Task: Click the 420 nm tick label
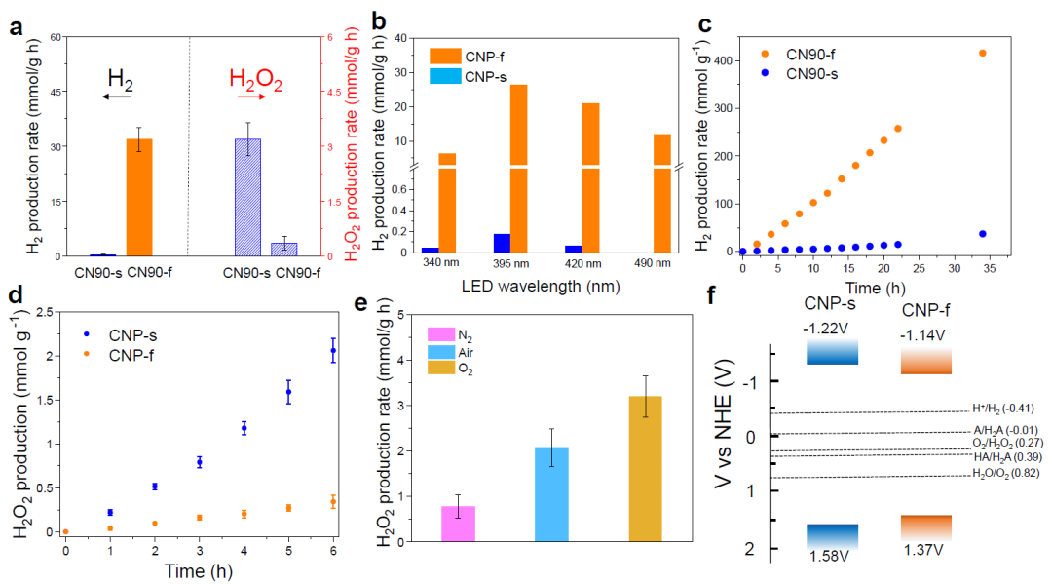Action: (x=581, y=262)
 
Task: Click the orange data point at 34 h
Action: (x=982, y=53)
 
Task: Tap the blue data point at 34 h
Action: (x=982, y=234)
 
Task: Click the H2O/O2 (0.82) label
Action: (x=1005, y=474)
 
